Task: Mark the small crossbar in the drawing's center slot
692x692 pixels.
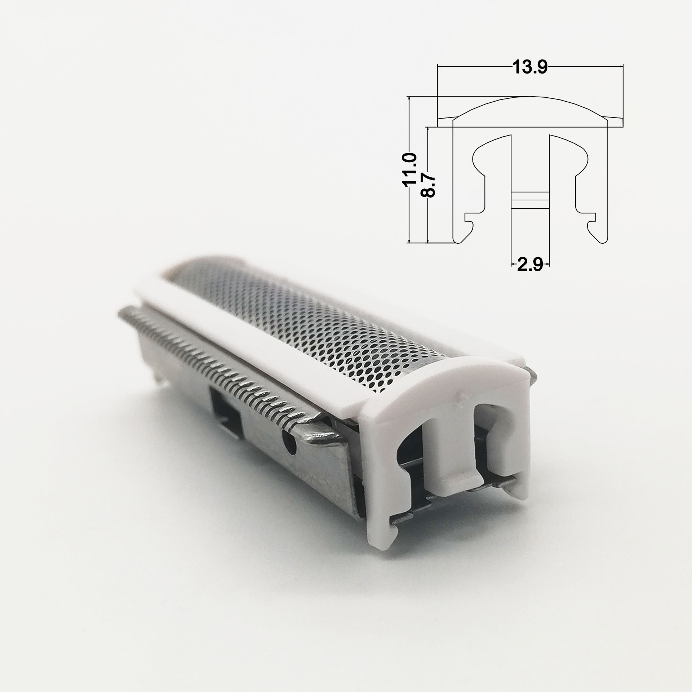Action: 530,200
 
